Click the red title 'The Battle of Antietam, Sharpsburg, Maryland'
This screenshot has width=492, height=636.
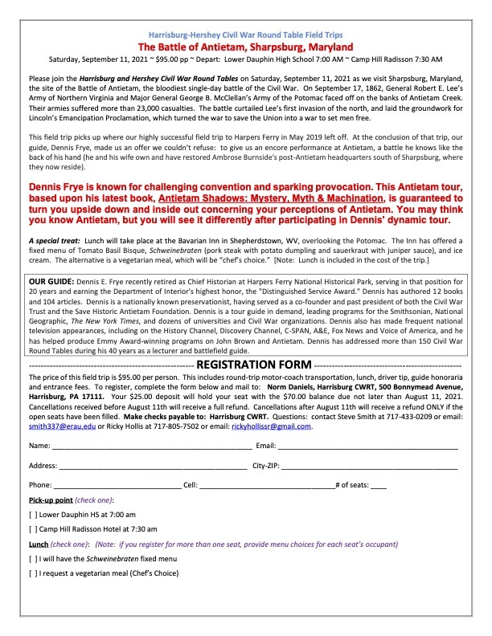tap(246, 47)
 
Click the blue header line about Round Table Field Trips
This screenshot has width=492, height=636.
tap(246, 35)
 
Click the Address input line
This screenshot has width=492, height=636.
tap(153, 465)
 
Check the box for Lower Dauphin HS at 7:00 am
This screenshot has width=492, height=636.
tap(32, 514)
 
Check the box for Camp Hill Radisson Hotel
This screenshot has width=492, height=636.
tap(32, 529)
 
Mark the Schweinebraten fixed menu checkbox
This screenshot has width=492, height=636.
tap(32, 558)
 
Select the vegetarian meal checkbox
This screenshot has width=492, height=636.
tap(32, 573)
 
